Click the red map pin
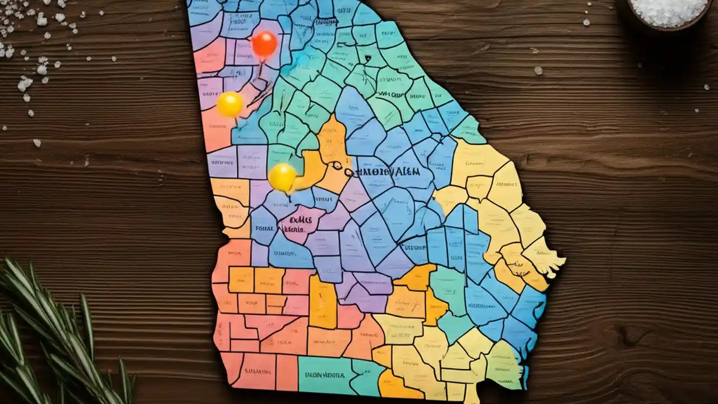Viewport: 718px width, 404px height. point(264,43)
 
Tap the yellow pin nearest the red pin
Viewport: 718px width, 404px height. point(230,104)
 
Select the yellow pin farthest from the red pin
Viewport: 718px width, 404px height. point(282,177)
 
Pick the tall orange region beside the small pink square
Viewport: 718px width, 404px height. point(323,303)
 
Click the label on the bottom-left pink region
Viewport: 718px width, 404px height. point(258,371)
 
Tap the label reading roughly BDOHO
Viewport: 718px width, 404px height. point(415,245)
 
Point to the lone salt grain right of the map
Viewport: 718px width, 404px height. point(538,70)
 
